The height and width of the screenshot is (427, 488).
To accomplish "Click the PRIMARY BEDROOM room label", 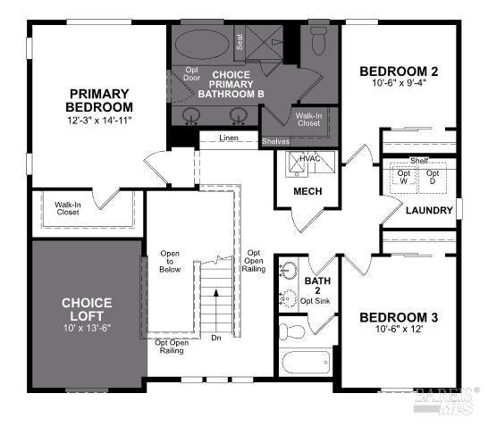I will point(99,100).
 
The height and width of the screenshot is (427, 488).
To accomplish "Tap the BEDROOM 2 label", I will point(399,71).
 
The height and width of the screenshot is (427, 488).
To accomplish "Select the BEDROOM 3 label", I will point(399,317).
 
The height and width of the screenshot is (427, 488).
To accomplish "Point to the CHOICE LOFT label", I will point(87,309).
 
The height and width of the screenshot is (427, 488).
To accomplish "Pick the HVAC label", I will point(310,159).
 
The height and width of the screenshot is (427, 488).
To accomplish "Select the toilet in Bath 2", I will point(291,331).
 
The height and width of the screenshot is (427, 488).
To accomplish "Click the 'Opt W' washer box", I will point(404,177).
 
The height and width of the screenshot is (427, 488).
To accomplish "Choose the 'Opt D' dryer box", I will point(433,177).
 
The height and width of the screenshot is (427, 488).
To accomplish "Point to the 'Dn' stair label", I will point(215,338).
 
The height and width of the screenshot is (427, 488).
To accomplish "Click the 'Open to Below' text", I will point(170,261).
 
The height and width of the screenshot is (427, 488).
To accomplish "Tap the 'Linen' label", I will point(229,138).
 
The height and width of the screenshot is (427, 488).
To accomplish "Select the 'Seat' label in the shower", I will point(240,39).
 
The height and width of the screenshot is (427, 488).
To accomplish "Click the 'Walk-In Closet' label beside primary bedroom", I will point(68,208).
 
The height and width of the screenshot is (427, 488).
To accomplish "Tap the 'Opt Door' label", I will point(191,75).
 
